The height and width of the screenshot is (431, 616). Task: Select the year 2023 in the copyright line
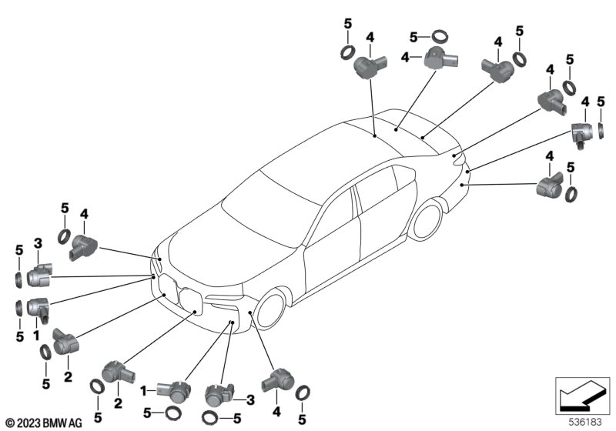click(x=28, y=423)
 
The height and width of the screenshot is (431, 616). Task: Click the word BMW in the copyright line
click(x=58, y=423)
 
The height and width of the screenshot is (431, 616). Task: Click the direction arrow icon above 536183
click(x=577, y=394)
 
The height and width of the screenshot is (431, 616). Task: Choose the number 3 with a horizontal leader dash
click(x=249, y=399)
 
